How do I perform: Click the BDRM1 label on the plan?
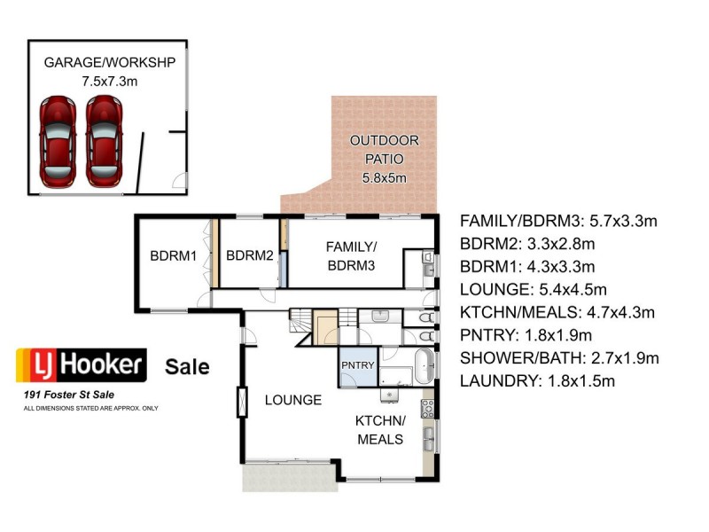pos(172,256)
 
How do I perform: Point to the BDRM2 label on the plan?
pos(249,256)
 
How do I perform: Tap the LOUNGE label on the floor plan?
pos(292,400)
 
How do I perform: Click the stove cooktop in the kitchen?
pos(427,408)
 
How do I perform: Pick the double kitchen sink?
pos(429,435)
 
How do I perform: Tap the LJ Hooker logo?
pos(81,364)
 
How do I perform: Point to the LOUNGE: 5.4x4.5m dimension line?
pos(545,289)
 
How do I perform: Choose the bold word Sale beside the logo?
pos(187,365)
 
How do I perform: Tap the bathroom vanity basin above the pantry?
pos(382,316)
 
